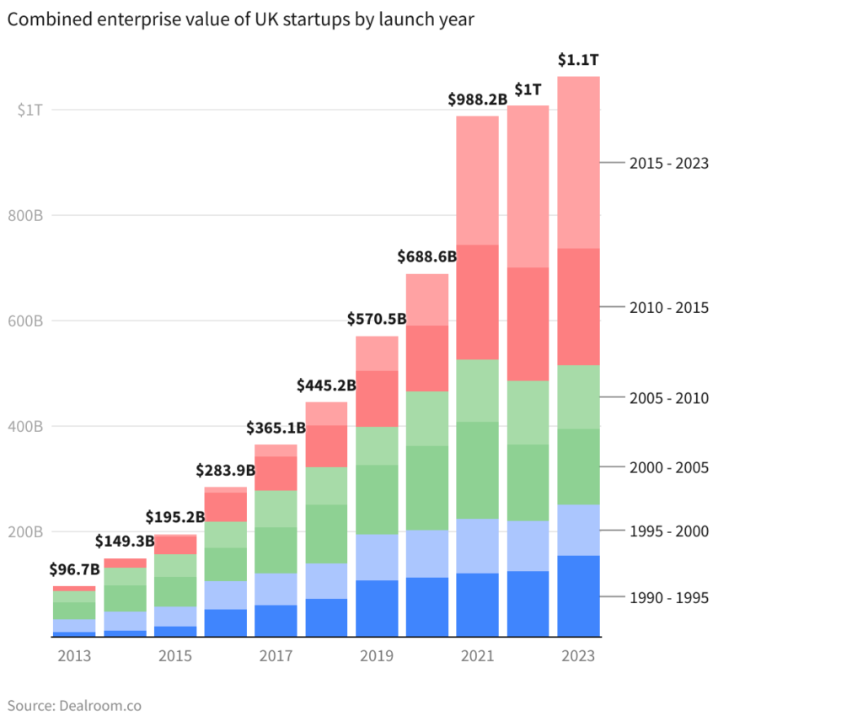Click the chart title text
240,20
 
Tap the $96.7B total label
74,569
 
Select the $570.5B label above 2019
377,320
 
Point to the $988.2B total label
477,100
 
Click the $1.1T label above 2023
578,60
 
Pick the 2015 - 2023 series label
668,164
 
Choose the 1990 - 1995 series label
668,598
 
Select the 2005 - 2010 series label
668,398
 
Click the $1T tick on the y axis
29,110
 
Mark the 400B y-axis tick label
27,427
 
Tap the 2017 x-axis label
276,656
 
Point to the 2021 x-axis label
477,656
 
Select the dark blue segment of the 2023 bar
578,595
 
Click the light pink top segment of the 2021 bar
477,180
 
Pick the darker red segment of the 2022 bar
528,324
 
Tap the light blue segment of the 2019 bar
377,557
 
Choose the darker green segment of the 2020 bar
427,488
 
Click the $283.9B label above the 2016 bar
226,470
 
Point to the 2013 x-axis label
74,656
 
